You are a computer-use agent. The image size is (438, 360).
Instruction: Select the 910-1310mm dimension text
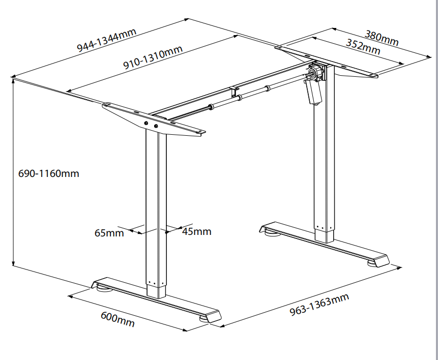[153, 57]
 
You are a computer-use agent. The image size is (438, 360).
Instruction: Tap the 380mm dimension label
[382, 38]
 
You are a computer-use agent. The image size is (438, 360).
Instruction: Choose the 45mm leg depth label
[196, 232]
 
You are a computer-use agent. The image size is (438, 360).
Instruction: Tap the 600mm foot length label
[118, 319]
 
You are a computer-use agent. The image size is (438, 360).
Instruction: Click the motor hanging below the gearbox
[312, 92]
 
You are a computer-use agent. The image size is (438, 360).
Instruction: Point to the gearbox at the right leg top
[316, 72]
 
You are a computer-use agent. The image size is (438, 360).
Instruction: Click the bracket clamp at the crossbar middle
[235, 92]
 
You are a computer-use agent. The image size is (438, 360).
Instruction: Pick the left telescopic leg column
[157, 208]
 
